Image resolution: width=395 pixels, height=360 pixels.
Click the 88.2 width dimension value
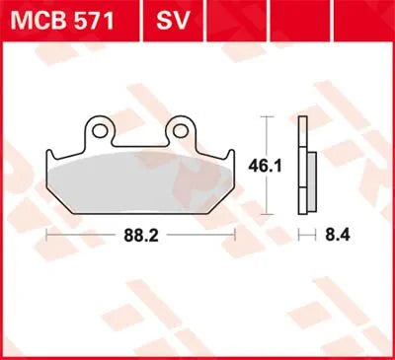click(x=141, y=235)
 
